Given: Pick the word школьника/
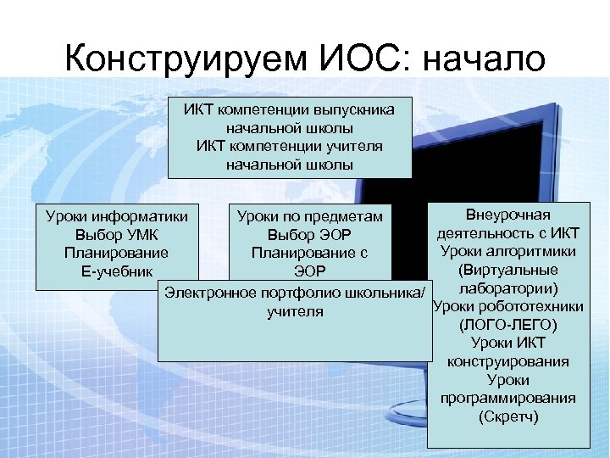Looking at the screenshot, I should tap(386, 293).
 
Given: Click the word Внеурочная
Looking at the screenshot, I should tap(507, 215).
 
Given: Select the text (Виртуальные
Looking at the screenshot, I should tap(507, 271).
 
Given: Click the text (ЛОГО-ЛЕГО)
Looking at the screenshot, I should tap(507, 325).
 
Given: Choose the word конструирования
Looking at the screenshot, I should tap(507, 361).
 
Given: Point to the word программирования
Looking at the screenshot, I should tap(507, 398).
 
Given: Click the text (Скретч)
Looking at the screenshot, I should tap(507, 416).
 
